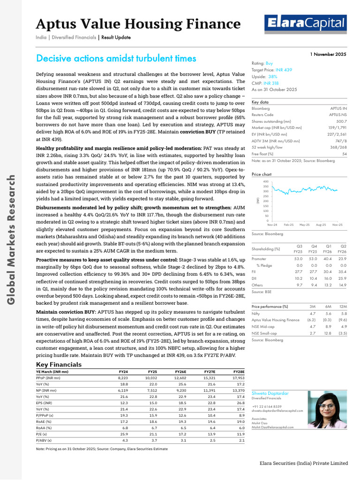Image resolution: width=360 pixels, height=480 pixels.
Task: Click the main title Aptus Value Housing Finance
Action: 138,23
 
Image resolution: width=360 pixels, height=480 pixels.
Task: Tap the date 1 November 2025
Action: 328,54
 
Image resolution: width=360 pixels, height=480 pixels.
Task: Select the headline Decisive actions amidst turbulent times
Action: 116,59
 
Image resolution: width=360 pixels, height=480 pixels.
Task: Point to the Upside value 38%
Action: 273,76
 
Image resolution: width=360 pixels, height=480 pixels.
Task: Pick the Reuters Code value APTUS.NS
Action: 337,114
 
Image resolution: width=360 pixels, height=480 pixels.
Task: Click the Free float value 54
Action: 344,154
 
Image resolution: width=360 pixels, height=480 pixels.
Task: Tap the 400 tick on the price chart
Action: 266,181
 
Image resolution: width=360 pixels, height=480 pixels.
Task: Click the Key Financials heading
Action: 59,364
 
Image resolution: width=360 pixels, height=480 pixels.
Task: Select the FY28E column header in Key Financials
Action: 239,372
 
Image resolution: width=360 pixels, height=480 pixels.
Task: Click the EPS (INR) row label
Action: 44,402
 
